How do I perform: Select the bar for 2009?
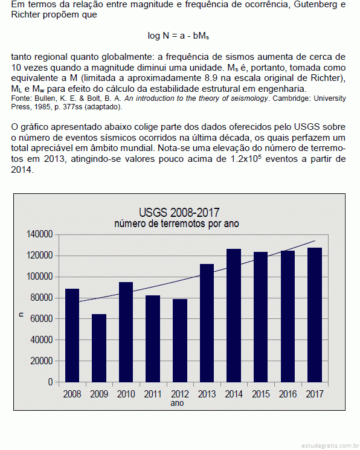pos(99,348)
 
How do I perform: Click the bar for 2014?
pos(234,315)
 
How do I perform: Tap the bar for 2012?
pos(180,341)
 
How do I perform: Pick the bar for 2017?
pos(315,315)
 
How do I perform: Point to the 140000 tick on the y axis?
pos(40,234)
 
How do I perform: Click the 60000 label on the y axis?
pos(42,318)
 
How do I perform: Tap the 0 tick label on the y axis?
pos(51,382)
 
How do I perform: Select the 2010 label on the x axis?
pos(126,394)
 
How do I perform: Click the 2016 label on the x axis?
pos(288,394)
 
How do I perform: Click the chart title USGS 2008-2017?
pos(179,213)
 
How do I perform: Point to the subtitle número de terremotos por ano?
pos(176,223)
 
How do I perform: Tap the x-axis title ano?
pos(177,403)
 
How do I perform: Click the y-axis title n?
pos(21,315)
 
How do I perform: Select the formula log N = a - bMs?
pos(178,36)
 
